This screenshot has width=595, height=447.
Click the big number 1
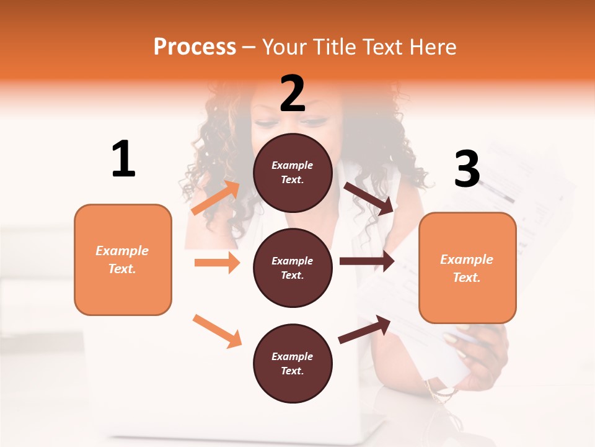[x=123, y=160]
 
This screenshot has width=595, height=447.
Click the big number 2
[x=293, y=94]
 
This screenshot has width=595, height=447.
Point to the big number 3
[x=467, y=169]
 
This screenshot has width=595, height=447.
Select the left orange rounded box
[x=123, y=260]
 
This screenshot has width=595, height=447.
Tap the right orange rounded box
[x=467, y=268]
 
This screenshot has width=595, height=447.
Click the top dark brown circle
[x=293, y=173]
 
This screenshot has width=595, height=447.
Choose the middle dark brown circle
[x=293, y=268]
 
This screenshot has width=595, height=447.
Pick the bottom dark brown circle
[x=293, y=363]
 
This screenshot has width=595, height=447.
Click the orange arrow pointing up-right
[x=216, y=197]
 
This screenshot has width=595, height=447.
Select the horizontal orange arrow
[x=217, y=263]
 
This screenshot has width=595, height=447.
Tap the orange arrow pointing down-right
[x=217, y=330]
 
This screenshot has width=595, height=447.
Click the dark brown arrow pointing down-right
[x=369, y=199]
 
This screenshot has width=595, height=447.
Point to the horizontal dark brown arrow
[x=367, y=261]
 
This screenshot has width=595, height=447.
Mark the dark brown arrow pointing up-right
[x=364, y=330]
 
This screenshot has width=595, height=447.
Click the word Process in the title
[x=195, y=47]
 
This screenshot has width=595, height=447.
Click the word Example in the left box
[x=122, y=251]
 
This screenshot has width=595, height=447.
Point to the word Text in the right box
[x=466, y=278]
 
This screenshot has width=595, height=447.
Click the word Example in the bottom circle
[x=292, y=356]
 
